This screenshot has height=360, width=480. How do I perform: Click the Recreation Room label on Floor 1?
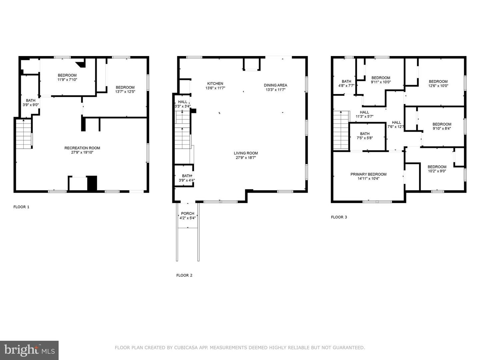(82, 148)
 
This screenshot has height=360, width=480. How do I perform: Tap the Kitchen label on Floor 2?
(215, 84)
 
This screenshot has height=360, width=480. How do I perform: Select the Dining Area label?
(275, 85)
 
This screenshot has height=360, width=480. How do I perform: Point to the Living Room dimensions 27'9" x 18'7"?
(246, 158)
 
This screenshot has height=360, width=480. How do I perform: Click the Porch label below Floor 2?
(187, 214)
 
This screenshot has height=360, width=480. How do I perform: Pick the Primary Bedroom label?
(368, 174)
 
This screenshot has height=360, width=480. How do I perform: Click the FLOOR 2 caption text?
(184, 275)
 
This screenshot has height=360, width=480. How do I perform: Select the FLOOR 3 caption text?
(339, 217)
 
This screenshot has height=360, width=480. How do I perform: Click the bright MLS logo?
(29, 350)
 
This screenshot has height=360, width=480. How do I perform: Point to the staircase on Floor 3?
(341, 130)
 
